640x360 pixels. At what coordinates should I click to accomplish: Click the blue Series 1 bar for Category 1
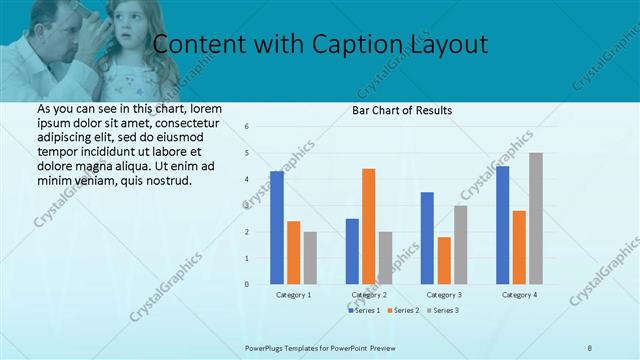click(x=277, y=228)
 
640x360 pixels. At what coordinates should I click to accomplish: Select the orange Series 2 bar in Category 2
click(x=368, y=226)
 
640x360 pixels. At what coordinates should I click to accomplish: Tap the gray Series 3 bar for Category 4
click(x=536, y=218)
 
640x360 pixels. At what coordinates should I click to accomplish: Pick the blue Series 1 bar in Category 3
click(x=427, y=238)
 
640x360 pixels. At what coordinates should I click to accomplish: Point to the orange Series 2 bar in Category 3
click(x=443, y=260)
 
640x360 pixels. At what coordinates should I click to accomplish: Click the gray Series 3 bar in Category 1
click(x=310, y=258)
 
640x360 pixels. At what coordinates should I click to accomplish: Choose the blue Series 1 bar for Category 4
click(x=502, y=225)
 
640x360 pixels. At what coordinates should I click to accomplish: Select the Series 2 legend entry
click(x=404, y=311)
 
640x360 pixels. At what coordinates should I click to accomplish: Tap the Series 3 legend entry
click(x=444, y=311)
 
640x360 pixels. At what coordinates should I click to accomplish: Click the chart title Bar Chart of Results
click(x=402, y=110)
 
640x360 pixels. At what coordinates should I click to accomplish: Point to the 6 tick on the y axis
click(x=247, y=127)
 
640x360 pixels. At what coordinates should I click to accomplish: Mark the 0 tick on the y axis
click(x=247, y=284)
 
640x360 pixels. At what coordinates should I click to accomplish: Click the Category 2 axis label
click(x=368, y=295)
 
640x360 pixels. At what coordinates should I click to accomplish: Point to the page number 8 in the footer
click(x=590, y=347)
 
